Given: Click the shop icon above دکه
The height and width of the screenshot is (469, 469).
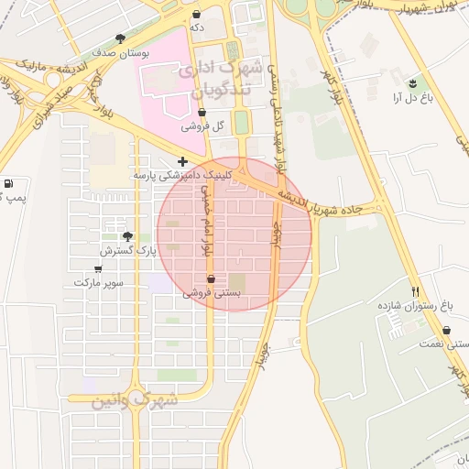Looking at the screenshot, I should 199,15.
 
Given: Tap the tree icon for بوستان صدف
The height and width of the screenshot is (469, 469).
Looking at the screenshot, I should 120,38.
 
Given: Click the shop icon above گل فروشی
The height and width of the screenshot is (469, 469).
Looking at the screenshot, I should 202,113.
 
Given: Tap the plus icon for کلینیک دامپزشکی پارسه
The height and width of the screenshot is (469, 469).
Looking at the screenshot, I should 183,161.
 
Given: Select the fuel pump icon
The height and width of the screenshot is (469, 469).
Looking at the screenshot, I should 8,184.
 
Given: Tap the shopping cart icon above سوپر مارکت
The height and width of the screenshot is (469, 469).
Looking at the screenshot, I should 98,269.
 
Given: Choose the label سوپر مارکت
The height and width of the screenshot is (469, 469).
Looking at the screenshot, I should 99,283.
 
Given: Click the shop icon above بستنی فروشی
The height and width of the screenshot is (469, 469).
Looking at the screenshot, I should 212,279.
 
